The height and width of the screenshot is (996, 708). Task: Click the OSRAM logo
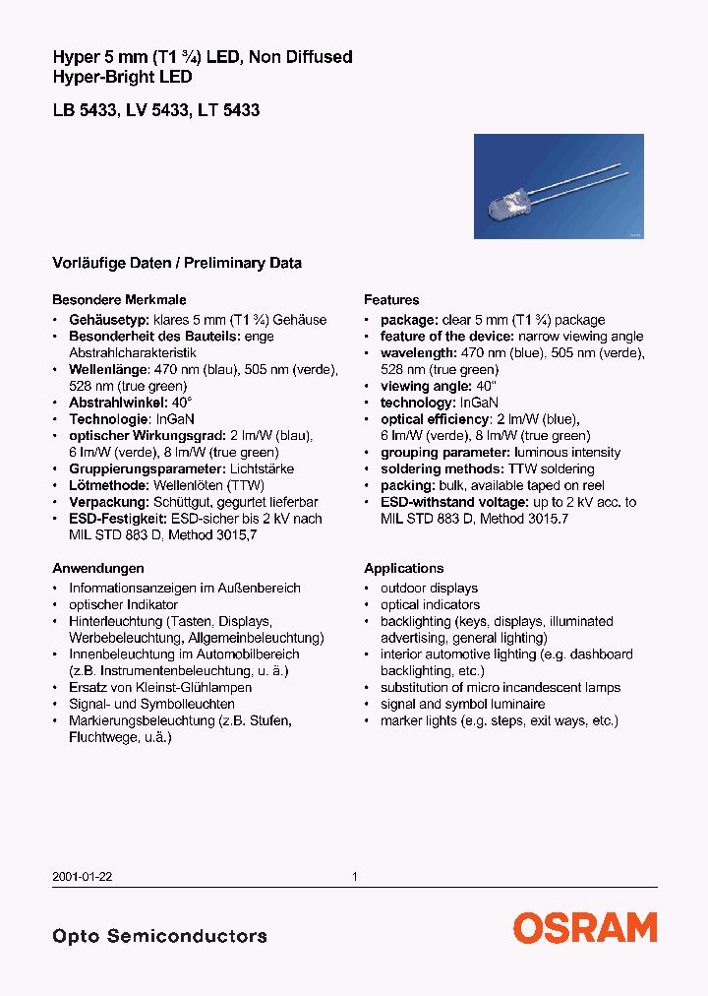click(x=584, y=928)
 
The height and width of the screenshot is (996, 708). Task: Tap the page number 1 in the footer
click(x=354, y=876)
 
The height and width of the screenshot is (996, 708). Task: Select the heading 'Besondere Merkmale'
click(x=119, y=300)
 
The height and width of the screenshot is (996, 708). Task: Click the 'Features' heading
click(x=391, y=300)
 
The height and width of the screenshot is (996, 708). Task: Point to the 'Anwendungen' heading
click(x=98, y=569)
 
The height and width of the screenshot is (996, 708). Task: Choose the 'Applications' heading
click(x=403, y=569)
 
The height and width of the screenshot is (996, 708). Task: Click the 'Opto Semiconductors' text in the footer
click(x=159, y=936)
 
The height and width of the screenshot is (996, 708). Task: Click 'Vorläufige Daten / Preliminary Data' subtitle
click(x=177, y=264)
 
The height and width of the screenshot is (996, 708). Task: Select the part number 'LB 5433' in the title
click(x=84, y=111)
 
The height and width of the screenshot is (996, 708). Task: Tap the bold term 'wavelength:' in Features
click(x=418, y=353)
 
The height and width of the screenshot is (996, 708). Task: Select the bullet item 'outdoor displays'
click(x=429, y=589)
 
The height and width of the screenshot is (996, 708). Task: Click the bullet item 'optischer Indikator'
click(x=123, y=604)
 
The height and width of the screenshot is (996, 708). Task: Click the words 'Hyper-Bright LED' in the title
click(x=122, y=77)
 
